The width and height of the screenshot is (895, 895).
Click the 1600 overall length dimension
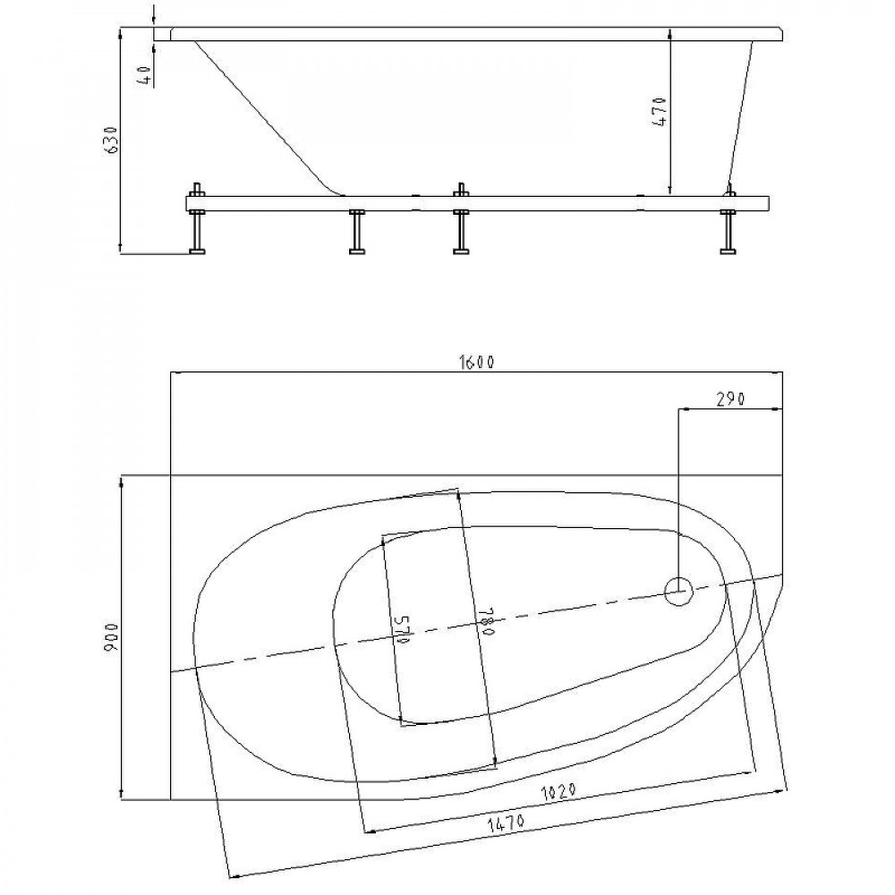(475, 362)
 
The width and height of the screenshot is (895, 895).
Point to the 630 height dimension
(112, 139)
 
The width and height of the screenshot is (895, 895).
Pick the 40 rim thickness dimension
(144, 75)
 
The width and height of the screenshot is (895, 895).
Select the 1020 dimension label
(557, 791)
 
